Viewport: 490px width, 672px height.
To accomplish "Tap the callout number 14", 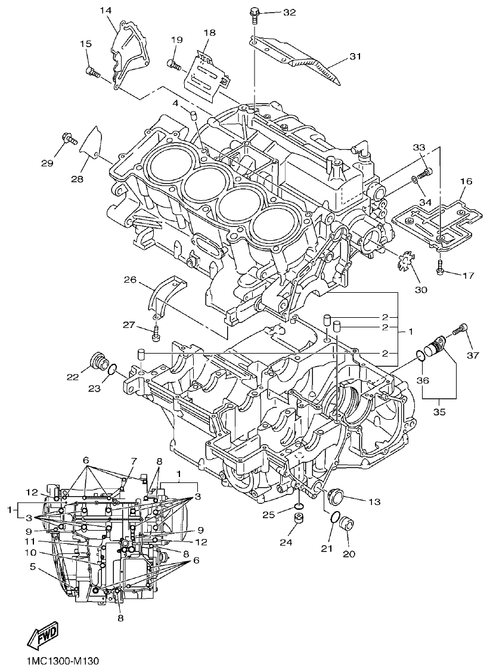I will [106, 11].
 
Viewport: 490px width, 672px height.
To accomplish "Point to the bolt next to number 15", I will [92, 73].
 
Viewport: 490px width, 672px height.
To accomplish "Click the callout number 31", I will [355, 57].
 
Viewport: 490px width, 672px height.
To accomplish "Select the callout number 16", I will [466, 180].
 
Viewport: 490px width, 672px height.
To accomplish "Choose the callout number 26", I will [131, 278].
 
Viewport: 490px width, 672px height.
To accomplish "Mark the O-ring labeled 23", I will [111, 373].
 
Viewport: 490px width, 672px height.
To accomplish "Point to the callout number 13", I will [374, 501].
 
